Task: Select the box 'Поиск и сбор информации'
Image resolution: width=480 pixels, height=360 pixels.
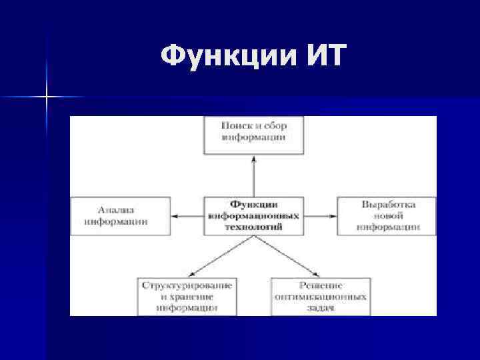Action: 253,134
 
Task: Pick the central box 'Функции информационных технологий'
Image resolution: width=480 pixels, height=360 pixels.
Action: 253,215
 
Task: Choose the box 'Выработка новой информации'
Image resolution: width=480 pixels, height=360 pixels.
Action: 387,215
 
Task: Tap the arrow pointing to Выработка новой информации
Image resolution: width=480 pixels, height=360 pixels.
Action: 320,216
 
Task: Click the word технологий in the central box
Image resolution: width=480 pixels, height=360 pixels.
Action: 253,227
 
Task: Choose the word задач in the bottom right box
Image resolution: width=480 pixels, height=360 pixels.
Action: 321,308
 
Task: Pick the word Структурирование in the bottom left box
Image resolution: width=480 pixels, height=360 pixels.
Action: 187,285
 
